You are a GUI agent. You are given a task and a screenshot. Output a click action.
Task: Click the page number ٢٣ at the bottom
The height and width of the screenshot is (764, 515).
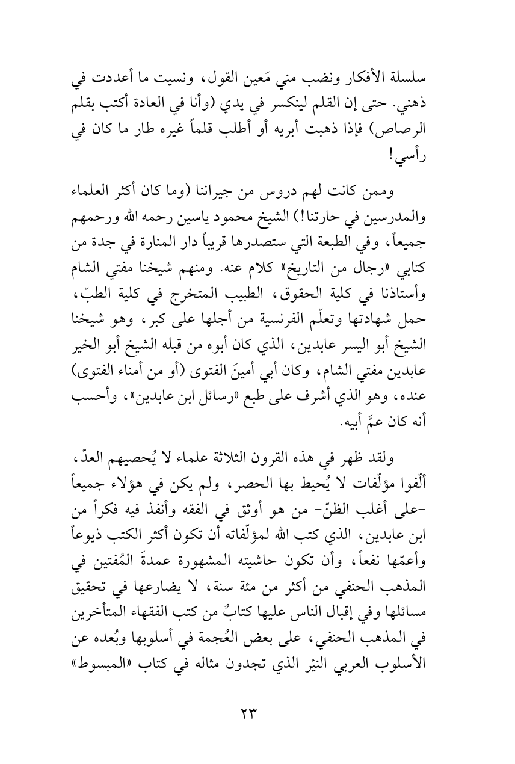click(x=248, y=714)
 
